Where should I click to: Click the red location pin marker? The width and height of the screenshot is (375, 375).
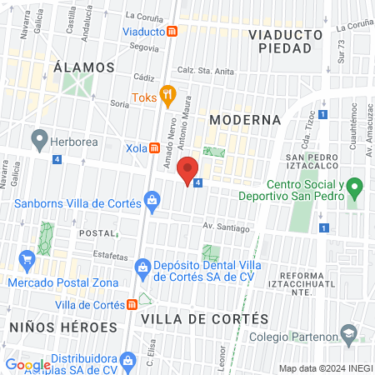coord(188,169)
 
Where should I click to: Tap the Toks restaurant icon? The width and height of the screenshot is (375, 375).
coord(167,94)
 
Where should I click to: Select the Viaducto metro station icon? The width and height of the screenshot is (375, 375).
coord(172,31)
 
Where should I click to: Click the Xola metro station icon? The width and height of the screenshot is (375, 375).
coord(154,147)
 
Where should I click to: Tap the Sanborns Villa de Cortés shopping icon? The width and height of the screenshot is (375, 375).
coord(152,199)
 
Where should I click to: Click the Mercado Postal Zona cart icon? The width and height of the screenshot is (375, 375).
coord(28,259)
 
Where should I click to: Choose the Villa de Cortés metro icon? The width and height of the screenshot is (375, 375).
coord(132,304)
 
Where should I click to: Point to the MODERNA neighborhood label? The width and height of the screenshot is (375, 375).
coord(245,120)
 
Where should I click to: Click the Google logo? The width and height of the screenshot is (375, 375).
coord(27,364)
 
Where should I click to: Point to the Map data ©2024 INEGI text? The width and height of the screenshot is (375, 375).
coord(324,368)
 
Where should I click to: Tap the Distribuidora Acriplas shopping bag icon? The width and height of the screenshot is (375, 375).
coord(127,361)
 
